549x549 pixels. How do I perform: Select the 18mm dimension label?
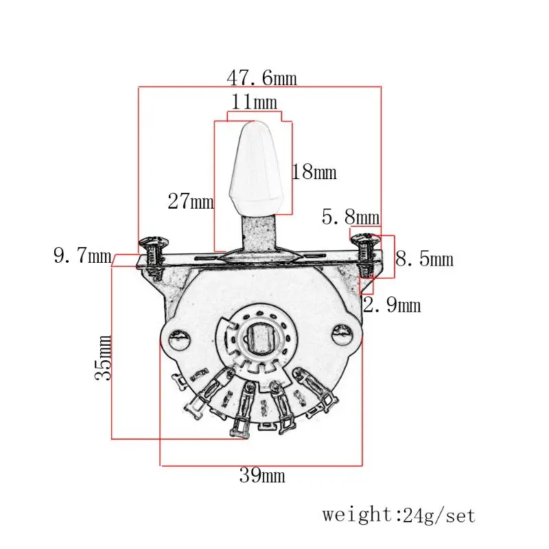pos(314,172)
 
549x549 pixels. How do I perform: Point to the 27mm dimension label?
pos(191,202)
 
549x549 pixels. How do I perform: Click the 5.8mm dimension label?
pos(350,218)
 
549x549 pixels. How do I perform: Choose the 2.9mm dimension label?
pos(391,305)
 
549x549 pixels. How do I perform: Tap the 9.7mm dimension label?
pos(82,257)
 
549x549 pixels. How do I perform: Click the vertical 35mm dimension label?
pos(104,358)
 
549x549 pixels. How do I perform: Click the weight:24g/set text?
pos(399,515)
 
